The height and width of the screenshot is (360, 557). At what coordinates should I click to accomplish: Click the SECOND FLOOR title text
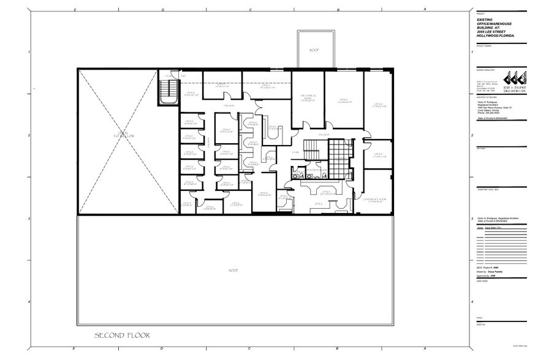[122, 336]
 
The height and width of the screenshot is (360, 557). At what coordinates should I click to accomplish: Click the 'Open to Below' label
[127, 133]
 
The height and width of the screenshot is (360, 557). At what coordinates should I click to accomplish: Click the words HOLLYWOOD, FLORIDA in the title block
[495, 37]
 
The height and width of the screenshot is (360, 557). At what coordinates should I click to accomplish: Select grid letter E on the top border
[75, 10]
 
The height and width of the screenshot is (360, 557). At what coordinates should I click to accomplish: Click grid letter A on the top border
[425, 10]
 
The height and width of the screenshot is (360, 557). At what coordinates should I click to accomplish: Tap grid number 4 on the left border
[29, 302]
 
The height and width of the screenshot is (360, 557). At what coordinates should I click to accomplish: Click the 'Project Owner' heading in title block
[484, 45]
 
